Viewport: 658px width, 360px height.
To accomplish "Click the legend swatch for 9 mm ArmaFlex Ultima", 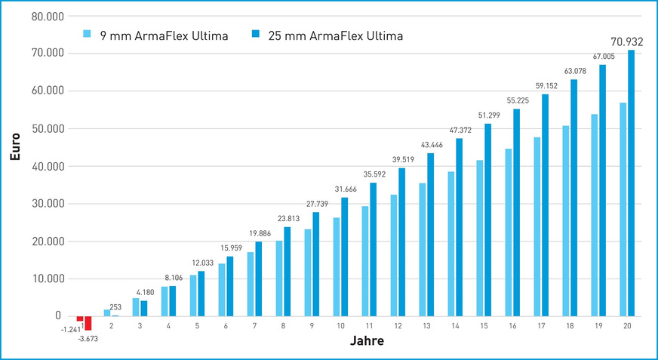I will (87, 35).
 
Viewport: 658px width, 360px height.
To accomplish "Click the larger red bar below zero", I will (88, 323).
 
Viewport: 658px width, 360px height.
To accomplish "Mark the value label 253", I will (115, 307).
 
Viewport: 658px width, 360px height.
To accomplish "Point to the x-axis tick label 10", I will (340, 325).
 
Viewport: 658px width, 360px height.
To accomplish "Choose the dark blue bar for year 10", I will (344, 257).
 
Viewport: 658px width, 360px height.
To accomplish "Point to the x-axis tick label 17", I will (541, 325).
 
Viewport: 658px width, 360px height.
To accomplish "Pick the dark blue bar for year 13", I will (430, 235).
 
